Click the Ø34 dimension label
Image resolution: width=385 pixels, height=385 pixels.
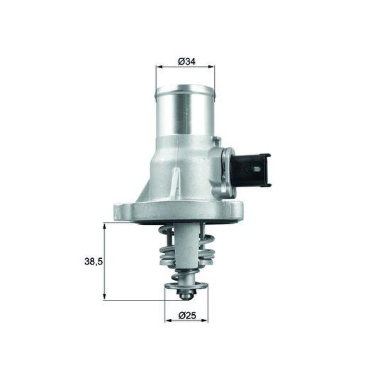(x=186, y=62)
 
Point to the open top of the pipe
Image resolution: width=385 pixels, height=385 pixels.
(x=185, y=89)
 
